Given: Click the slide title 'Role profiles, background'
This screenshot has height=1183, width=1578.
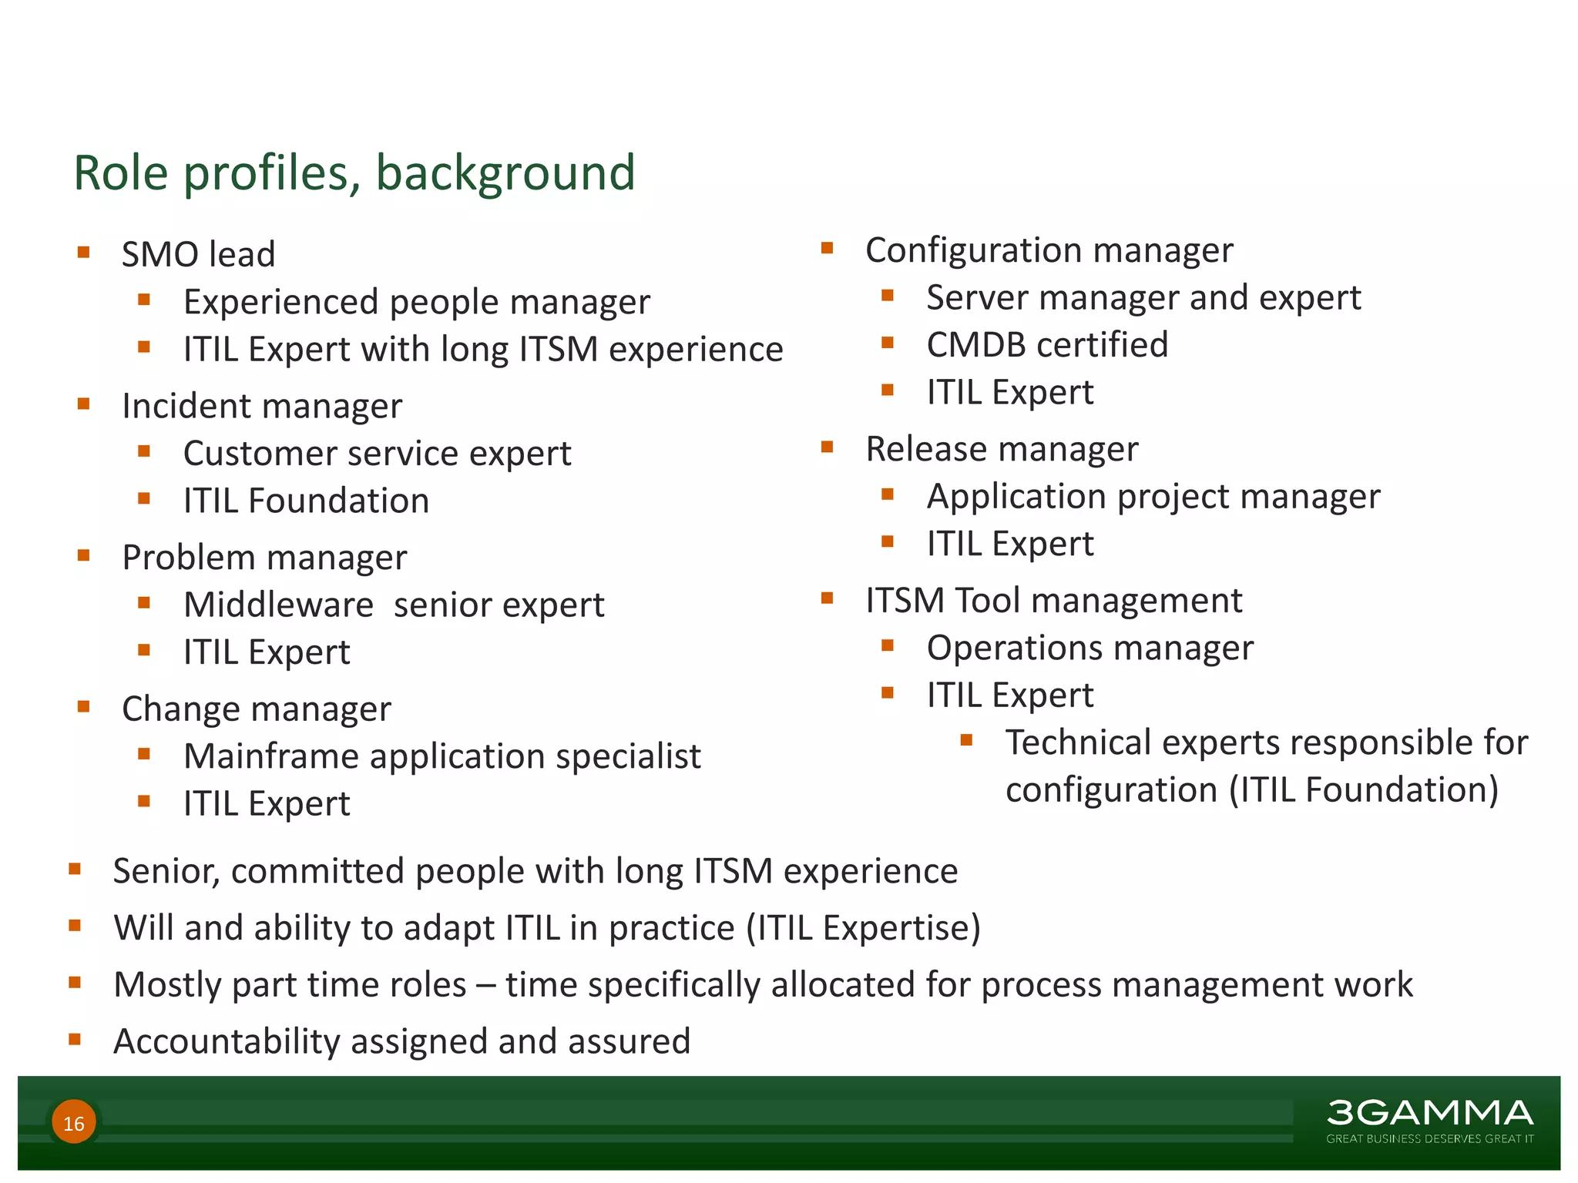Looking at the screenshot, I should point(354,173).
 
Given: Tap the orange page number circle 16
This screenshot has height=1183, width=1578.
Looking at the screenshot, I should point(74,1123).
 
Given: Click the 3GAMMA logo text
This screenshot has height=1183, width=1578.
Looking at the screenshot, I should point(1429,1113).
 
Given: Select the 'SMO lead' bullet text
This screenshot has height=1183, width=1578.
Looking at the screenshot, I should point(198,255).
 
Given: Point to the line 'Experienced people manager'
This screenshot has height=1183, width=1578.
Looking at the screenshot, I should point(416,302).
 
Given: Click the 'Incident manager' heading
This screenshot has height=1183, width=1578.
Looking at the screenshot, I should point(262,406).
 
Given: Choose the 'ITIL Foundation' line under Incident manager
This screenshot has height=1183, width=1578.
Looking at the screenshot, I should point(306,501).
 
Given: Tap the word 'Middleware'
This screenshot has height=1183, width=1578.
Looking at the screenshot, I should point(278,605).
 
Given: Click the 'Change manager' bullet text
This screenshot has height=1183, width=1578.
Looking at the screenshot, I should point(256,709).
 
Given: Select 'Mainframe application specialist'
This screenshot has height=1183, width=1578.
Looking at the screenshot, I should point(442,756).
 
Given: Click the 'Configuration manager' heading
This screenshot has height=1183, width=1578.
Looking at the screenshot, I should point(1049,250).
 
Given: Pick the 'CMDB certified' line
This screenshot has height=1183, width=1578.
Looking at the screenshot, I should point(1047,345).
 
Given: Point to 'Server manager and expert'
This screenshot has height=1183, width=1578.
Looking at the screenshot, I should point(1143,298).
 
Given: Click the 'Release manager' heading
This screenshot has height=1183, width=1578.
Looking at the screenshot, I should point(1002,449).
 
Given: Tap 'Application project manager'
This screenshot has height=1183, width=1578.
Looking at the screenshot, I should point(1153,497).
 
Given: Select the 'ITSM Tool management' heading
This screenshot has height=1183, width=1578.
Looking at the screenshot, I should point(1053,601).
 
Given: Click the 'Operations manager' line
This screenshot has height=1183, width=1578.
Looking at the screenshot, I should point(1089,648).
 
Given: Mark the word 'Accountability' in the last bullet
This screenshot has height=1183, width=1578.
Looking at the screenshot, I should point(227,1041).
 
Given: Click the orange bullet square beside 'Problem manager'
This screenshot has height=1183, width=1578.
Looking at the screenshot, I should point(84,555).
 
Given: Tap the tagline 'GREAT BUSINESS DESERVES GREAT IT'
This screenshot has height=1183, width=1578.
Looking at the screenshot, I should point(1429,1138).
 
